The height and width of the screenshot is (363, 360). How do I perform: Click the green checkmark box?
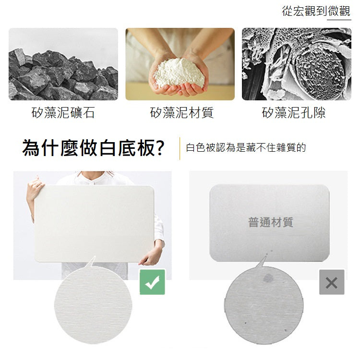click(x=152, y=282)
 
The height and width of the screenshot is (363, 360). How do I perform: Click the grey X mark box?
click(x=332, y=282)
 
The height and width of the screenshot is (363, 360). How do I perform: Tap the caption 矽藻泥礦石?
click(x=63, y=112)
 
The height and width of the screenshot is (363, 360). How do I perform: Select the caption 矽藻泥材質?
click(x=181, y=112)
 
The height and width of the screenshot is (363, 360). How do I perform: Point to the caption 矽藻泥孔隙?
click(x=294, y=112)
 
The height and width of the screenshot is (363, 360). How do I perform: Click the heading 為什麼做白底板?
click(x=93, y=148)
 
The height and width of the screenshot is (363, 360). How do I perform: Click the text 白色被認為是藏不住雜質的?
click(x=246, y=148)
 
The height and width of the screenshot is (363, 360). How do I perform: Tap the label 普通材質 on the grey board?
click(x=270, y=222)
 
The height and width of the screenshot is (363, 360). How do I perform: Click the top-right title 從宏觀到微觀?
click(x=316, y=11)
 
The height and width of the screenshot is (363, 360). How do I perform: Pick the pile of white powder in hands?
click(x=180, y=73)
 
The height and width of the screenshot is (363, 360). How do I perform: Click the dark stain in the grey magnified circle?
click(x=268, y=278)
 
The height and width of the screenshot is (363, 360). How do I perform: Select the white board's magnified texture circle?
click(x=93, y=305)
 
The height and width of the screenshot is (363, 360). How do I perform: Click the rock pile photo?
click(x=63, y=64)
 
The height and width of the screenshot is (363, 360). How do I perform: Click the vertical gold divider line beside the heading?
click(x=180, y=148)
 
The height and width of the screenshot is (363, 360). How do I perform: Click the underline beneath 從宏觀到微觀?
click(x=339, y=20)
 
